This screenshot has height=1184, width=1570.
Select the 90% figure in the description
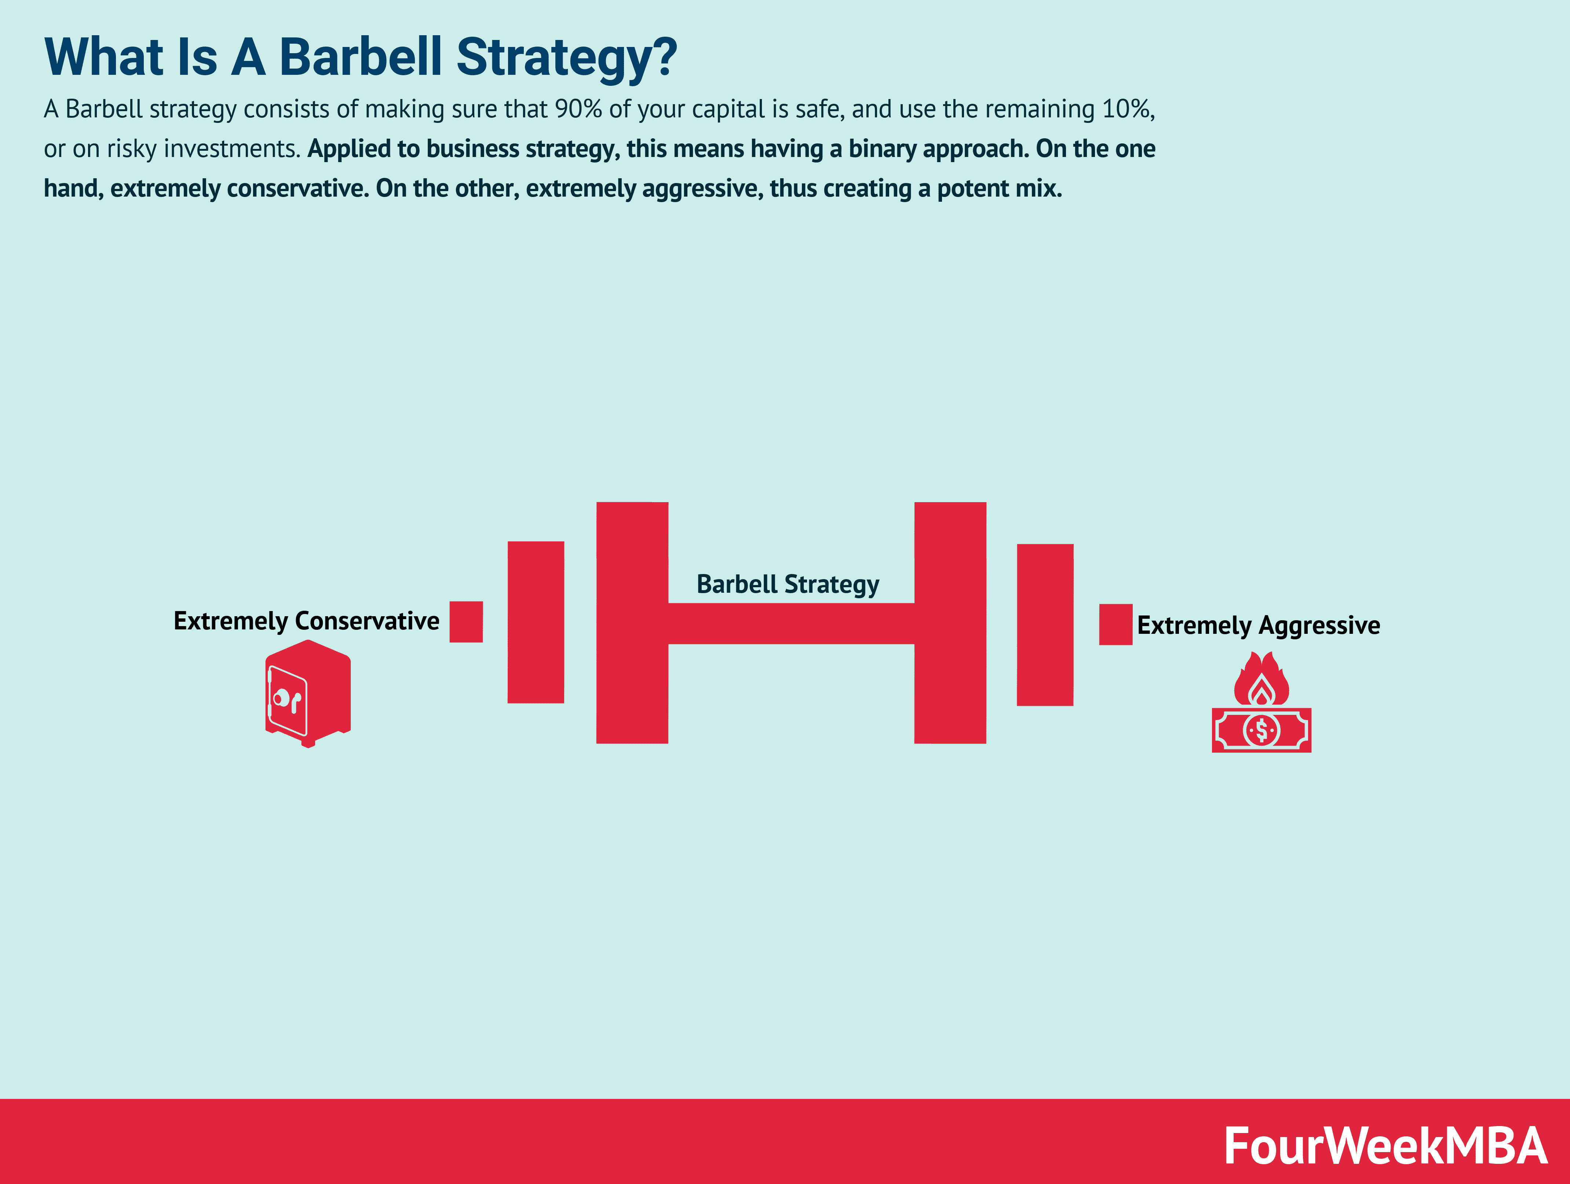point(578,109)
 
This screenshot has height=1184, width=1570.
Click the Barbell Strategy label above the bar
point(788,584)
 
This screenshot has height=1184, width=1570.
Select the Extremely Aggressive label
point(1259,625)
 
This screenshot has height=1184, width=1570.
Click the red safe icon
point(308,694)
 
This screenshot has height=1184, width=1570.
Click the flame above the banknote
point(1261,680)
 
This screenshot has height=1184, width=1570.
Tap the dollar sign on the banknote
point(1261,730)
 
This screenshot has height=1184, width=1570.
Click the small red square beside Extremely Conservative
point(466,622)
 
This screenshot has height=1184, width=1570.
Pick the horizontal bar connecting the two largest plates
point(791,624)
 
